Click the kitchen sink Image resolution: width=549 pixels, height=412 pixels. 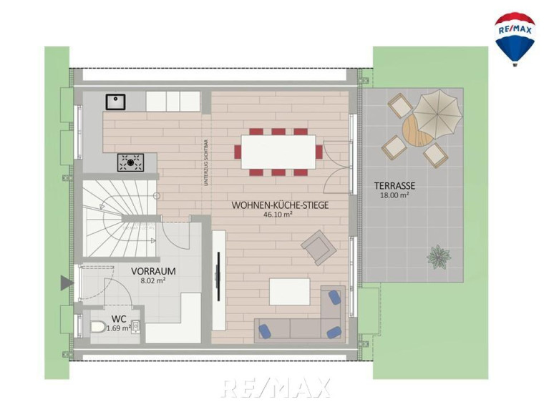point(115,102)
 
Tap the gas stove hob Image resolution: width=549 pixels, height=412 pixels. point(130,162)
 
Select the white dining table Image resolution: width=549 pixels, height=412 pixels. point(278,152)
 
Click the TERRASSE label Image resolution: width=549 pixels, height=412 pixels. point(394,185)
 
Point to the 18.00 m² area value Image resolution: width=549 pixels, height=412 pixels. point(394,195)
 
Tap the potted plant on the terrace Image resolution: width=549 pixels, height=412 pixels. point(439,257)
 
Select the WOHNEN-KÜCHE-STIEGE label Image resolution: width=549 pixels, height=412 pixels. point(280,205)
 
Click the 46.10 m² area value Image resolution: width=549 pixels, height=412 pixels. point(278,215)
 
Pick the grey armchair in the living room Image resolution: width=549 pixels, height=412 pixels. point(319,247)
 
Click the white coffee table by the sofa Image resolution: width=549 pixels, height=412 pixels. point(290,291)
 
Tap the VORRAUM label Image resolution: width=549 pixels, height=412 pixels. point(153,271)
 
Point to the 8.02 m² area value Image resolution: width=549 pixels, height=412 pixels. point(152,280)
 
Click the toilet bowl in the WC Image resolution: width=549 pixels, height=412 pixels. point(98,327)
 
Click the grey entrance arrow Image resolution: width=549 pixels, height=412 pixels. point(67,283)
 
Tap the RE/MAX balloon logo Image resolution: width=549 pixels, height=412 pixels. point(515,39)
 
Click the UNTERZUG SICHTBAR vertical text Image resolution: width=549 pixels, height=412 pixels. point(207,162)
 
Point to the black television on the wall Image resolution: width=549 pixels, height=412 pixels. point(219,276)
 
